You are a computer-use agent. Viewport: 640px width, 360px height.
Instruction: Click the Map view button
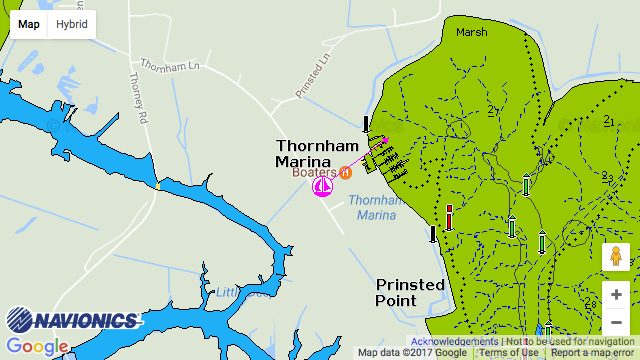point(29,24)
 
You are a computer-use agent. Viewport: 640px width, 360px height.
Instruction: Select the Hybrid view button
point(71,24)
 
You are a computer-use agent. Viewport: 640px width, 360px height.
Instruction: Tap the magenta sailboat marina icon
point(323,187)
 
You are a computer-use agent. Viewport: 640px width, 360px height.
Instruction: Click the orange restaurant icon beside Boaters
point(346,172)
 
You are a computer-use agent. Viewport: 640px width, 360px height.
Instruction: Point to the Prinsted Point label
point(410,292)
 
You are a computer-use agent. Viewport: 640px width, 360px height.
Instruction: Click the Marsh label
point(471,32)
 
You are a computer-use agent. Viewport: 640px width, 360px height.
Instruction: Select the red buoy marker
point(450,217)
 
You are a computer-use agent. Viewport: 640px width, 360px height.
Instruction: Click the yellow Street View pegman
point(616,257)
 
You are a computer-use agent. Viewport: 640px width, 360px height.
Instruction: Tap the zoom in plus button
point(616,295)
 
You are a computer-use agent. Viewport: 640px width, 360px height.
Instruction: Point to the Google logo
point(38,346)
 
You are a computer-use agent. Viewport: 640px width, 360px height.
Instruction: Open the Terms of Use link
point(508,352)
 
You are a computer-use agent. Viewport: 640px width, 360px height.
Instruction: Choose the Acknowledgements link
point(447,341)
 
